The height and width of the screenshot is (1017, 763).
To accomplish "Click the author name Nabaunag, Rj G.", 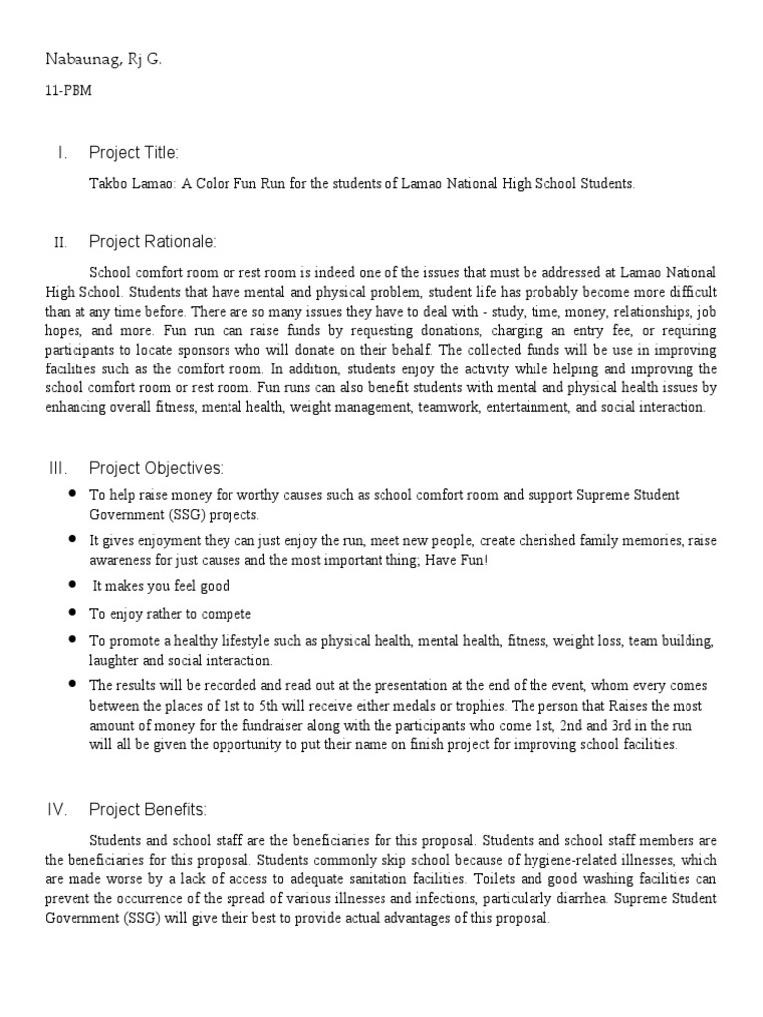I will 103,61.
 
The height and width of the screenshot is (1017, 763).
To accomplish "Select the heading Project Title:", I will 134,152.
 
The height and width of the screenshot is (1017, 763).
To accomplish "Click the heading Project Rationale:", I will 152,242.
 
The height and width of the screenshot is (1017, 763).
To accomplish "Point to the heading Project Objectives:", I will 156,468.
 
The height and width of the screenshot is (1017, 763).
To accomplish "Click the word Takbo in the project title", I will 108,185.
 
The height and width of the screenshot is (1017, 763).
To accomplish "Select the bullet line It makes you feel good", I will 146,586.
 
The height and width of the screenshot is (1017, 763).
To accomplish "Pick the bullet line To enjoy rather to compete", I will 170,613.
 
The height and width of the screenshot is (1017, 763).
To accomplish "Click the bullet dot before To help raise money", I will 72,494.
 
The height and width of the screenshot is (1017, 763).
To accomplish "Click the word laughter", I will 117,659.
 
